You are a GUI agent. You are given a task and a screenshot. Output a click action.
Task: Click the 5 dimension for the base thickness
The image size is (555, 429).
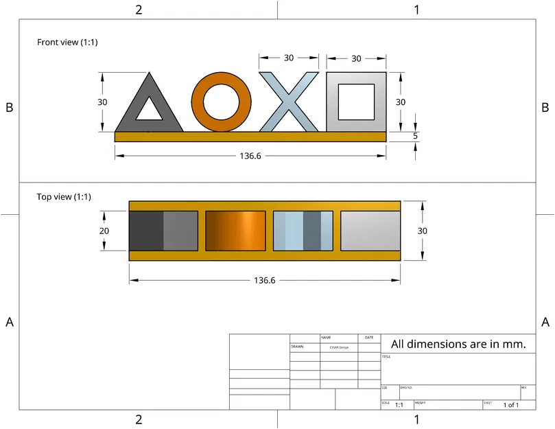[415, 136]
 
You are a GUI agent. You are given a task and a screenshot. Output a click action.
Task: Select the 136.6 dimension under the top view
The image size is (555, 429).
[265, 281]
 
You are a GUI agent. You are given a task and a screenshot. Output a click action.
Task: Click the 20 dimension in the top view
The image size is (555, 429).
[104, 231]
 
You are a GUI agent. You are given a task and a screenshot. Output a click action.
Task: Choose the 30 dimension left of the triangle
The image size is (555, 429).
[102, 102]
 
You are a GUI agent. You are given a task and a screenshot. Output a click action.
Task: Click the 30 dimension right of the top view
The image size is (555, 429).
[422, 231]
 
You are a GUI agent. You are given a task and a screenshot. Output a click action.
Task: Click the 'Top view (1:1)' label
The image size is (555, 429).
[63, 197]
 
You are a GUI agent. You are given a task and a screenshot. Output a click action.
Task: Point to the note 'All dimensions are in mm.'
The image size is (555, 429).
[458, 344]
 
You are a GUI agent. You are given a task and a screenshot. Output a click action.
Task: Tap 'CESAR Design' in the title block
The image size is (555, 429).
[339, 347]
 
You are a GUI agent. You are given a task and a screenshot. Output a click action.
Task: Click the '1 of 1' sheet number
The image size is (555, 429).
[510, 405]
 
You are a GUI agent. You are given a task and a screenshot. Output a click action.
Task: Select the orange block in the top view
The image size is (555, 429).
[235, 231]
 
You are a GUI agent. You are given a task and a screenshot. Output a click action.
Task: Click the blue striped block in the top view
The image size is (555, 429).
[303, 231]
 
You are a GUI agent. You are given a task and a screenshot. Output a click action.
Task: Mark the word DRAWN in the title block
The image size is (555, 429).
[297, 347]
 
